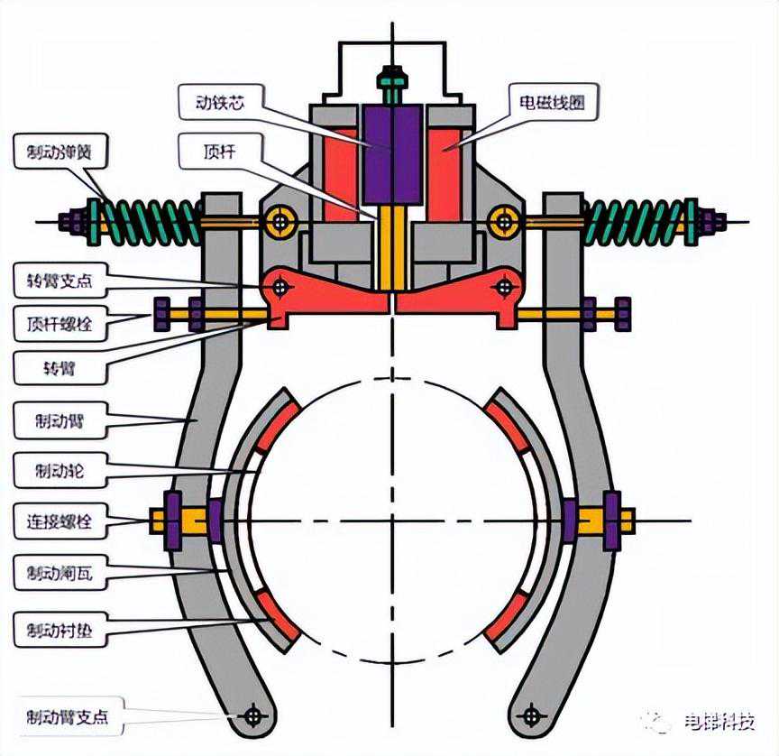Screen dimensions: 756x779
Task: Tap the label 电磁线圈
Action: [549, 102]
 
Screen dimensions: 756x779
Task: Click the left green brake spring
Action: [149, 220]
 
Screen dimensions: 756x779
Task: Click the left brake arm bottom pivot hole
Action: [253, 716]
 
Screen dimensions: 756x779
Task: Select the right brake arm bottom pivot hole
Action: [531, 716]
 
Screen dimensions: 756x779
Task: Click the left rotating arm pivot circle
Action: [281, 287]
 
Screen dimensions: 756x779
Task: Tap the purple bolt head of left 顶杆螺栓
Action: [162, 314]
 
